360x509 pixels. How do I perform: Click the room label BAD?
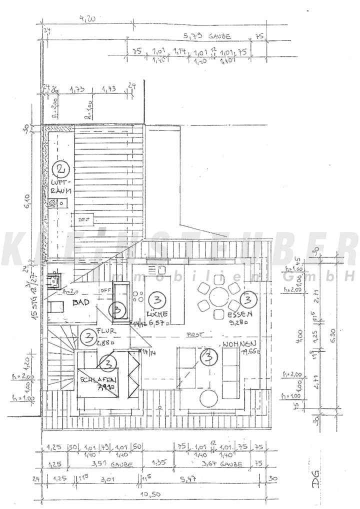tap(80, 303)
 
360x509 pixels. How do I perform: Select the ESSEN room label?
tap(239, 314)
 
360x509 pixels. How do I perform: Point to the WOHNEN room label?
tap(240, 344)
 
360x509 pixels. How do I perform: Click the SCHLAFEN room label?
tap(98, 380)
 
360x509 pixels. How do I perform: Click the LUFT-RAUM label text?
tap(62, 186)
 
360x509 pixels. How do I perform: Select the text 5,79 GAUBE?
tap(205, 36)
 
